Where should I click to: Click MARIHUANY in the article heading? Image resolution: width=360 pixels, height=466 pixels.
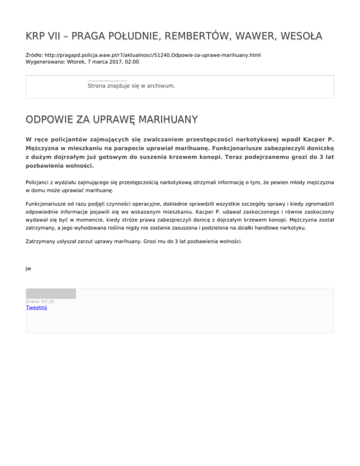(165, 120)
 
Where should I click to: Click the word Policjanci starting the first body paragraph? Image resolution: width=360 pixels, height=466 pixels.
(40, 182)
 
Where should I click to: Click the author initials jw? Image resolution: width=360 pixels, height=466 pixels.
(29, 269)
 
